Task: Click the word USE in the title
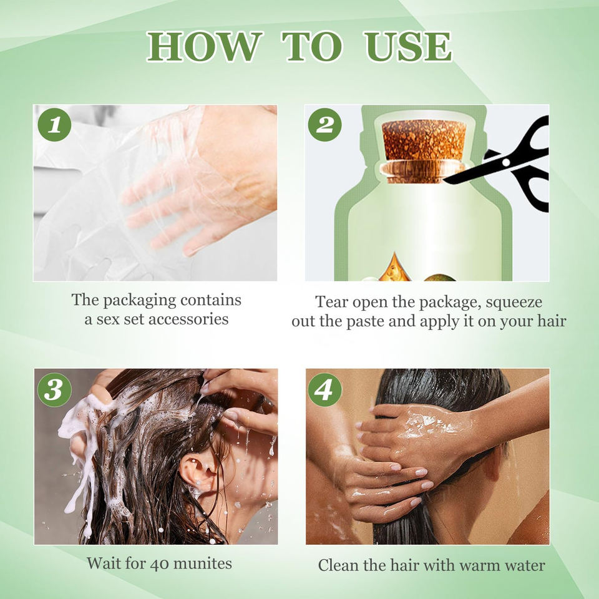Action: tap(407, 47)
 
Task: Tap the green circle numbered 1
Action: tap(55, 125)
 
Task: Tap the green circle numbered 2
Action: tap(324, 125)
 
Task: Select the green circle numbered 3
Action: tap(55, 389)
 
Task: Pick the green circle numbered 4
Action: tap(324, 389)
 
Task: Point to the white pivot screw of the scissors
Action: tap(506, 162)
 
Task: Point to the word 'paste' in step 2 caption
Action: tap(365, 322)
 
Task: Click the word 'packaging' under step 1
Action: tap(139, 301)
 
